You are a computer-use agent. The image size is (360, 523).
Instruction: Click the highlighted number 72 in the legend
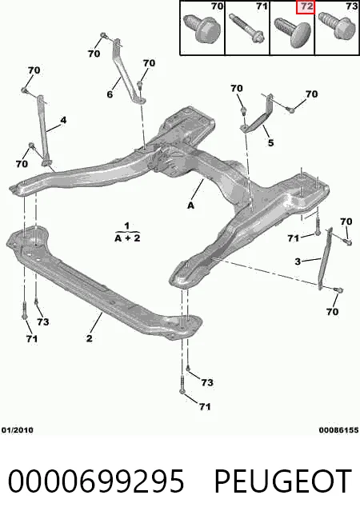pyautogui.click(x=306, y=6)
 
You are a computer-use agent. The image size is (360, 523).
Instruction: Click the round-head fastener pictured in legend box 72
pyautogui.click(x=293, y=32)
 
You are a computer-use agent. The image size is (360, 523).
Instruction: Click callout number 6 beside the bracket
pyautogui.click(x=110, y=94)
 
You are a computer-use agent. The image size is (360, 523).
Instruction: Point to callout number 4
pyautogui.click(x=63, y=120)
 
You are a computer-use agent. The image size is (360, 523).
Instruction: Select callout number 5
pyautogui.click(x=270, y=143)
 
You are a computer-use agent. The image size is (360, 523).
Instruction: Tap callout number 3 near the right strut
pyautogui.click(x=298, y=261)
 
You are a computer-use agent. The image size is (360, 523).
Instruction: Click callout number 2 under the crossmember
pyautogui.click(x=89, y=338)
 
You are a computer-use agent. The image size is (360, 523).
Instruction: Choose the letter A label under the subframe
pyautogui.click(x=190, y=206)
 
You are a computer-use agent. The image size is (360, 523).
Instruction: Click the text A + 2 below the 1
pyautogui.click(x=127, y=238)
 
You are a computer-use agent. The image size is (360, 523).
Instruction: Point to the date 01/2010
pyautogui.click(x=18, y=430)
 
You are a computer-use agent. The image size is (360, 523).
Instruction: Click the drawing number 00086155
pyautogui.click(x=338, y=430)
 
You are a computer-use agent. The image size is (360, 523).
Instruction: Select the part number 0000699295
pyautogui.click(x=96, y=481)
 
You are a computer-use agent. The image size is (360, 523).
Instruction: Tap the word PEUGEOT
pyautogui.click(x=283, y=481)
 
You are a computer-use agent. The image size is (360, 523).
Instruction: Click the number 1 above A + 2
pyautogui.click(x=126, y=226)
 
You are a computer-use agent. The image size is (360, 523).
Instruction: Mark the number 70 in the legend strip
pyautogui.click(x=218, y=6)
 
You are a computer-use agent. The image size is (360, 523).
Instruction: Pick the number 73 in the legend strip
pyautogui.click(x=352, y=6)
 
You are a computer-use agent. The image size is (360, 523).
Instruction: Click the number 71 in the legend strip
pyautogui.click(x=262, y=6)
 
